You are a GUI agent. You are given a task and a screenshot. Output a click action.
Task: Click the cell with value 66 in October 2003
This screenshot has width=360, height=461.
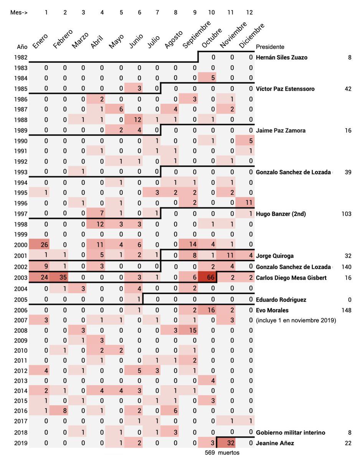[x=207, y=277]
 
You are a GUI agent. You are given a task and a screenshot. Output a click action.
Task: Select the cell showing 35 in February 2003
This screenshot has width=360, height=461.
[x=59, y=277]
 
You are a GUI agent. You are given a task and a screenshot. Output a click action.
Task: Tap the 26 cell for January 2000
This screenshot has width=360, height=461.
[x=39, y=245]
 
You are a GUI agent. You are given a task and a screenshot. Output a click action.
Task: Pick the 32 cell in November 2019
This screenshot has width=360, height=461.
[x=226, y=443]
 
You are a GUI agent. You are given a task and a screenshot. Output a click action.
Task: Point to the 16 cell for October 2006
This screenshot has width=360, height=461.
[x=207, y=310]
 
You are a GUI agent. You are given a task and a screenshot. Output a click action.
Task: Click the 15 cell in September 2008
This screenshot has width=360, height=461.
[x=188, y=330]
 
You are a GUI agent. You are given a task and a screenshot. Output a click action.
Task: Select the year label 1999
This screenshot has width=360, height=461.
[x=21, y=234]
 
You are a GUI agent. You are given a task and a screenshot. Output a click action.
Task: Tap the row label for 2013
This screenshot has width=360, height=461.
[x=21, y=381]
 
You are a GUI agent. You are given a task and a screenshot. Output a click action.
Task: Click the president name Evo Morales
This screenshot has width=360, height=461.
[x=272, y=310]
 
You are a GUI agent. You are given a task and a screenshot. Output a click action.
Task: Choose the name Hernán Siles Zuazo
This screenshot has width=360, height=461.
[x=281, y=57]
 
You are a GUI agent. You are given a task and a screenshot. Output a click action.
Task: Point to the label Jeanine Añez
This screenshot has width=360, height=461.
[x=275, y=443]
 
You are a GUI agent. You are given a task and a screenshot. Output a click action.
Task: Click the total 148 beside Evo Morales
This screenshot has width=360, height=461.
[x=347, y=310]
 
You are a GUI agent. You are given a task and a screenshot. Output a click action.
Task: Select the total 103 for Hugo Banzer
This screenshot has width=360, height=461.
[x=347, y=214]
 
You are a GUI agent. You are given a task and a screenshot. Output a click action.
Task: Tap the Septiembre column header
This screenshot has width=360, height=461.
[x=197, y=35]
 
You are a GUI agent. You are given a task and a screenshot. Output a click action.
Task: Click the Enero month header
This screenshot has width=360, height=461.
[x=40, y=41]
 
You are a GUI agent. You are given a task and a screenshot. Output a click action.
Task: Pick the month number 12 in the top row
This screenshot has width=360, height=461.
[x=249, y=13]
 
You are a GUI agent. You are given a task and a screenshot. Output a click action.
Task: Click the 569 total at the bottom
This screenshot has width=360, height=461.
[x=210, y=453]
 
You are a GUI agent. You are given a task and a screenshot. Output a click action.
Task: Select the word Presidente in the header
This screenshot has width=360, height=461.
[x=270, y=46]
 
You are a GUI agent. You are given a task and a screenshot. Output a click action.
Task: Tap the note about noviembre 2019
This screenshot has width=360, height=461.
[x=296, y=320]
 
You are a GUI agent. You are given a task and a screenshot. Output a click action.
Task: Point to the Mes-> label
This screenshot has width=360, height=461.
[x=19, y=13]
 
